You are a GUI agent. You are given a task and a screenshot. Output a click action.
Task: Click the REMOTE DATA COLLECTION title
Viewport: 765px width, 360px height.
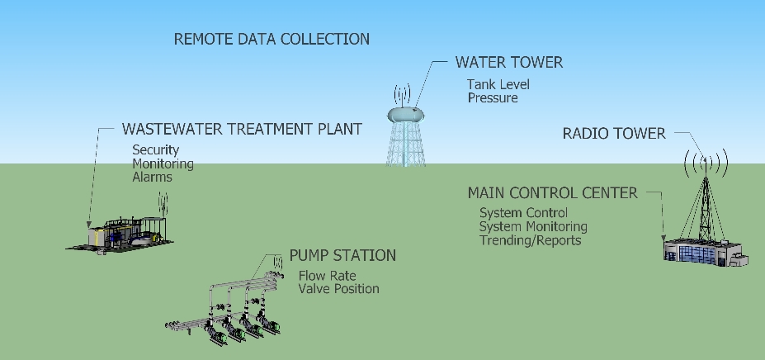[x=272, y=39]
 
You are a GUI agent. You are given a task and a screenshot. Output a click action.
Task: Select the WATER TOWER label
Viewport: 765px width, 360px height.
[x=509, y=63]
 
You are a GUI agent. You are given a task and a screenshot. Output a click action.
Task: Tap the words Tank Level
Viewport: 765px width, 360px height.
[x=498, y=84]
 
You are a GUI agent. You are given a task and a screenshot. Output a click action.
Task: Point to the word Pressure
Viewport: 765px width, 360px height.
[x=493, y=97]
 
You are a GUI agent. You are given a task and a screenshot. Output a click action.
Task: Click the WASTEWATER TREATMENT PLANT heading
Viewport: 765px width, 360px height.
[x=242, y=130]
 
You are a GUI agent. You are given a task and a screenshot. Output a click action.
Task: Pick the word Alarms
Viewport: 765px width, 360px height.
[x=153, y=177]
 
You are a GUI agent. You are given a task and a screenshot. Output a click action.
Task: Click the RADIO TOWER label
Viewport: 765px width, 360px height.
[x=613, y=134]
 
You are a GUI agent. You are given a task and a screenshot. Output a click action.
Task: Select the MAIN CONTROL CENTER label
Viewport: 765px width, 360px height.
[x=552, y=193]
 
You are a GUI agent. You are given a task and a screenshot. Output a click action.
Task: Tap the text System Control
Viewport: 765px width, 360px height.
[x=524, y=213]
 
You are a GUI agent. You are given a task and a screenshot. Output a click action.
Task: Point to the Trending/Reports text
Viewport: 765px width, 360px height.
[x=531, y=240]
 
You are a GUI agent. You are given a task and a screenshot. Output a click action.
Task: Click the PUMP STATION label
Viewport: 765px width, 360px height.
[x=342, y=255]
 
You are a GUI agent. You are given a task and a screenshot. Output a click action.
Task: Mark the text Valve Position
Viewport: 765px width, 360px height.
[x=339, y=289]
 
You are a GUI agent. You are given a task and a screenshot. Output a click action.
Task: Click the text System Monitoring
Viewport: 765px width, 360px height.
[x=533, y=226]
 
